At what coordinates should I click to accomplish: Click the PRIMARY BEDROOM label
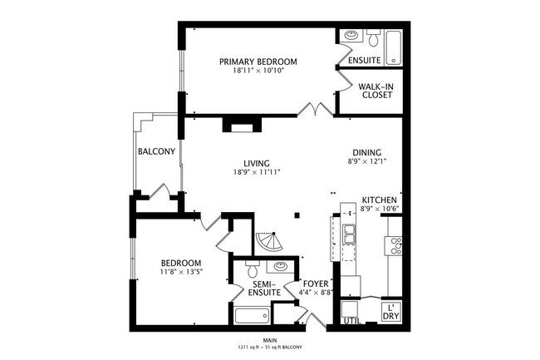click(258, 62)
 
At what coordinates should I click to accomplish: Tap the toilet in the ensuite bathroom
click(373, 39)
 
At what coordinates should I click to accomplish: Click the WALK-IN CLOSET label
click(376, 90)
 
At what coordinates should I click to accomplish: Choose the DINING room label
click(366, 152)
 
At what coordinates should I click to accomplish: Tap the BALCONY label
click(156, 151)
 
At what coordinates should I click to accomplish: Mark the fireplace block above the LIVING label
click(241, 126)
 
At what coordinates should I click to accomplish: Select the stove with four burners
click(395, 244)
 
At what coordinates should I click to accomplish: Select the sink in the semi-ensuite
click(281, 267)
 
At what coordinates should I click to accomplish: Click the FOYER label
click(315, 283)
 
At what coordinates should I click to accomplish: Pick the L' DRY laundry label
click(390, 313)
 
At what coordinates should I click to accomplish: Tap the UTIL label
click(351, 320)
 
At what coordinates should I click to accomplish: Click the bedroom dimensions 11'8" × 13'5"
click(182, 271)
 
